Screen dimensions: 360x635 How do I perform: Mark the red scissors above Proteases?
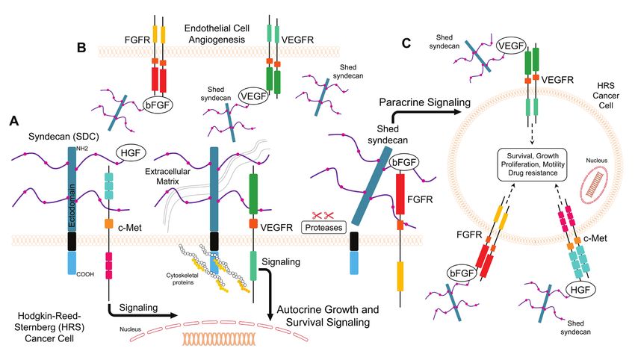point(323,215)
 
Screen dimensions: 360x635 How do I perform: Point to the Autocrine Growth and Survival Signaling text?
point(328,315)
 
